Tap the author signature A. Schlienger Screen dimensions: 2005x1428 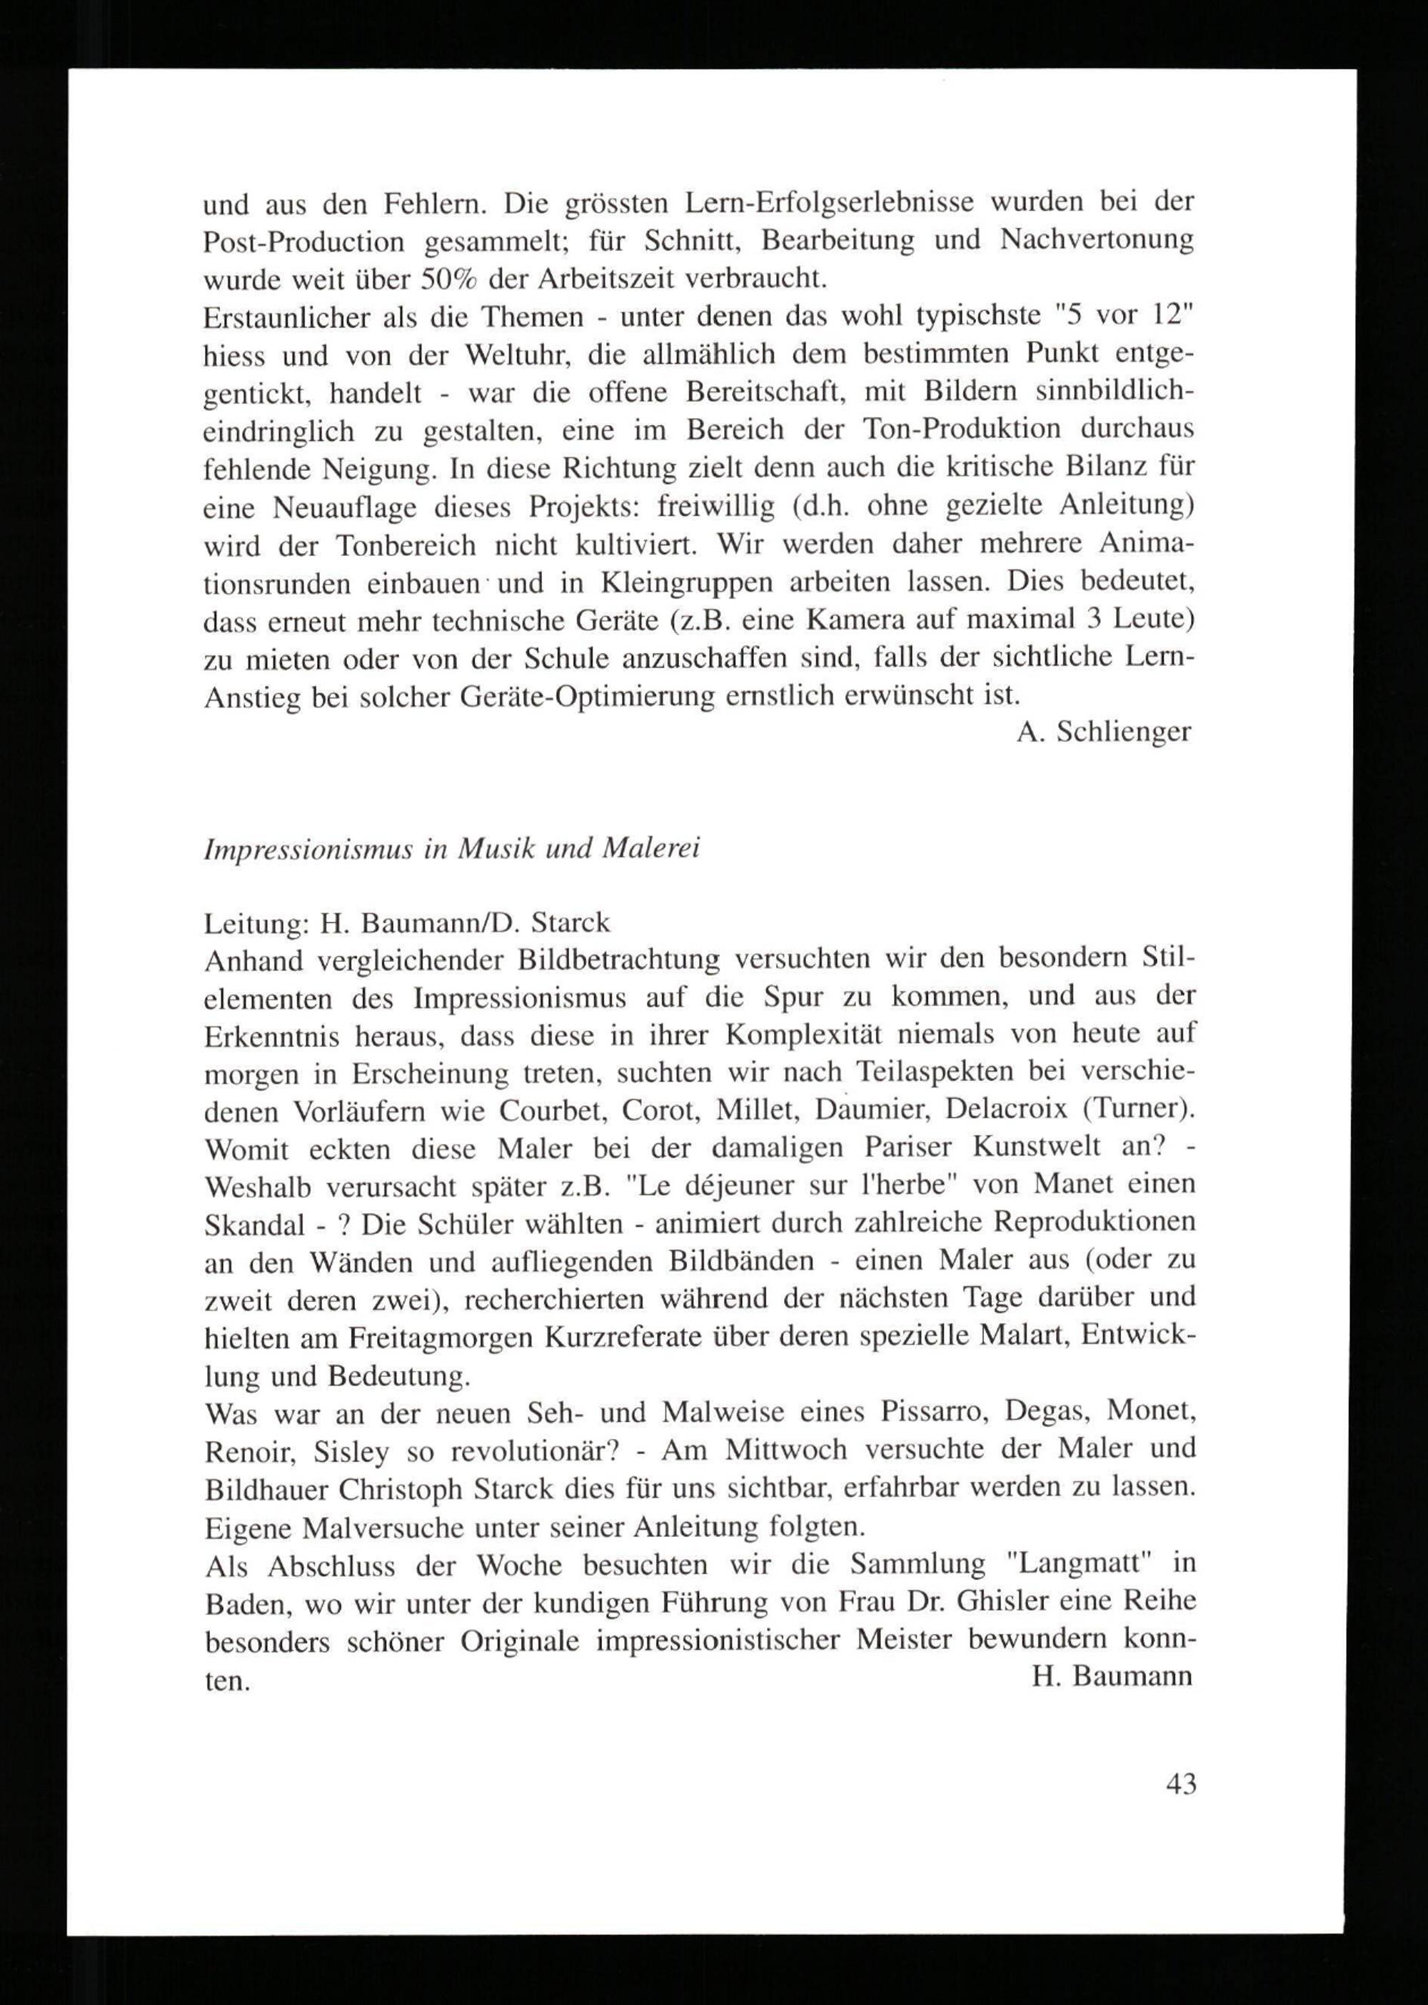coord(1104,732)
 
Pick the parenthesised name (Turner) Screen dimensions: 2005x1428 coord(1140,1110)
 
